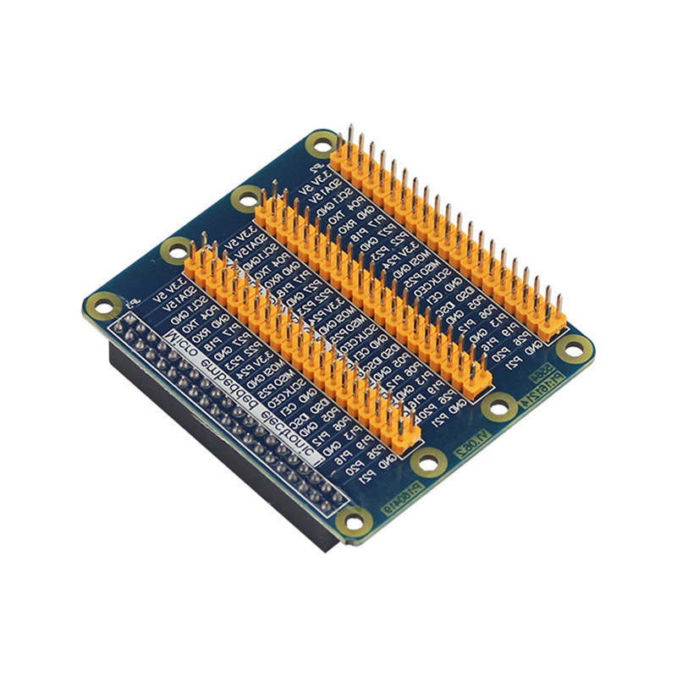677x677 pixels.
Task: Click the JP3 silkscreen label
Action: coord(129,302)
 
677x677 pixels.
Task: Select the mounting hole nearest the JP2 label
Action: coord(321,144)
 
